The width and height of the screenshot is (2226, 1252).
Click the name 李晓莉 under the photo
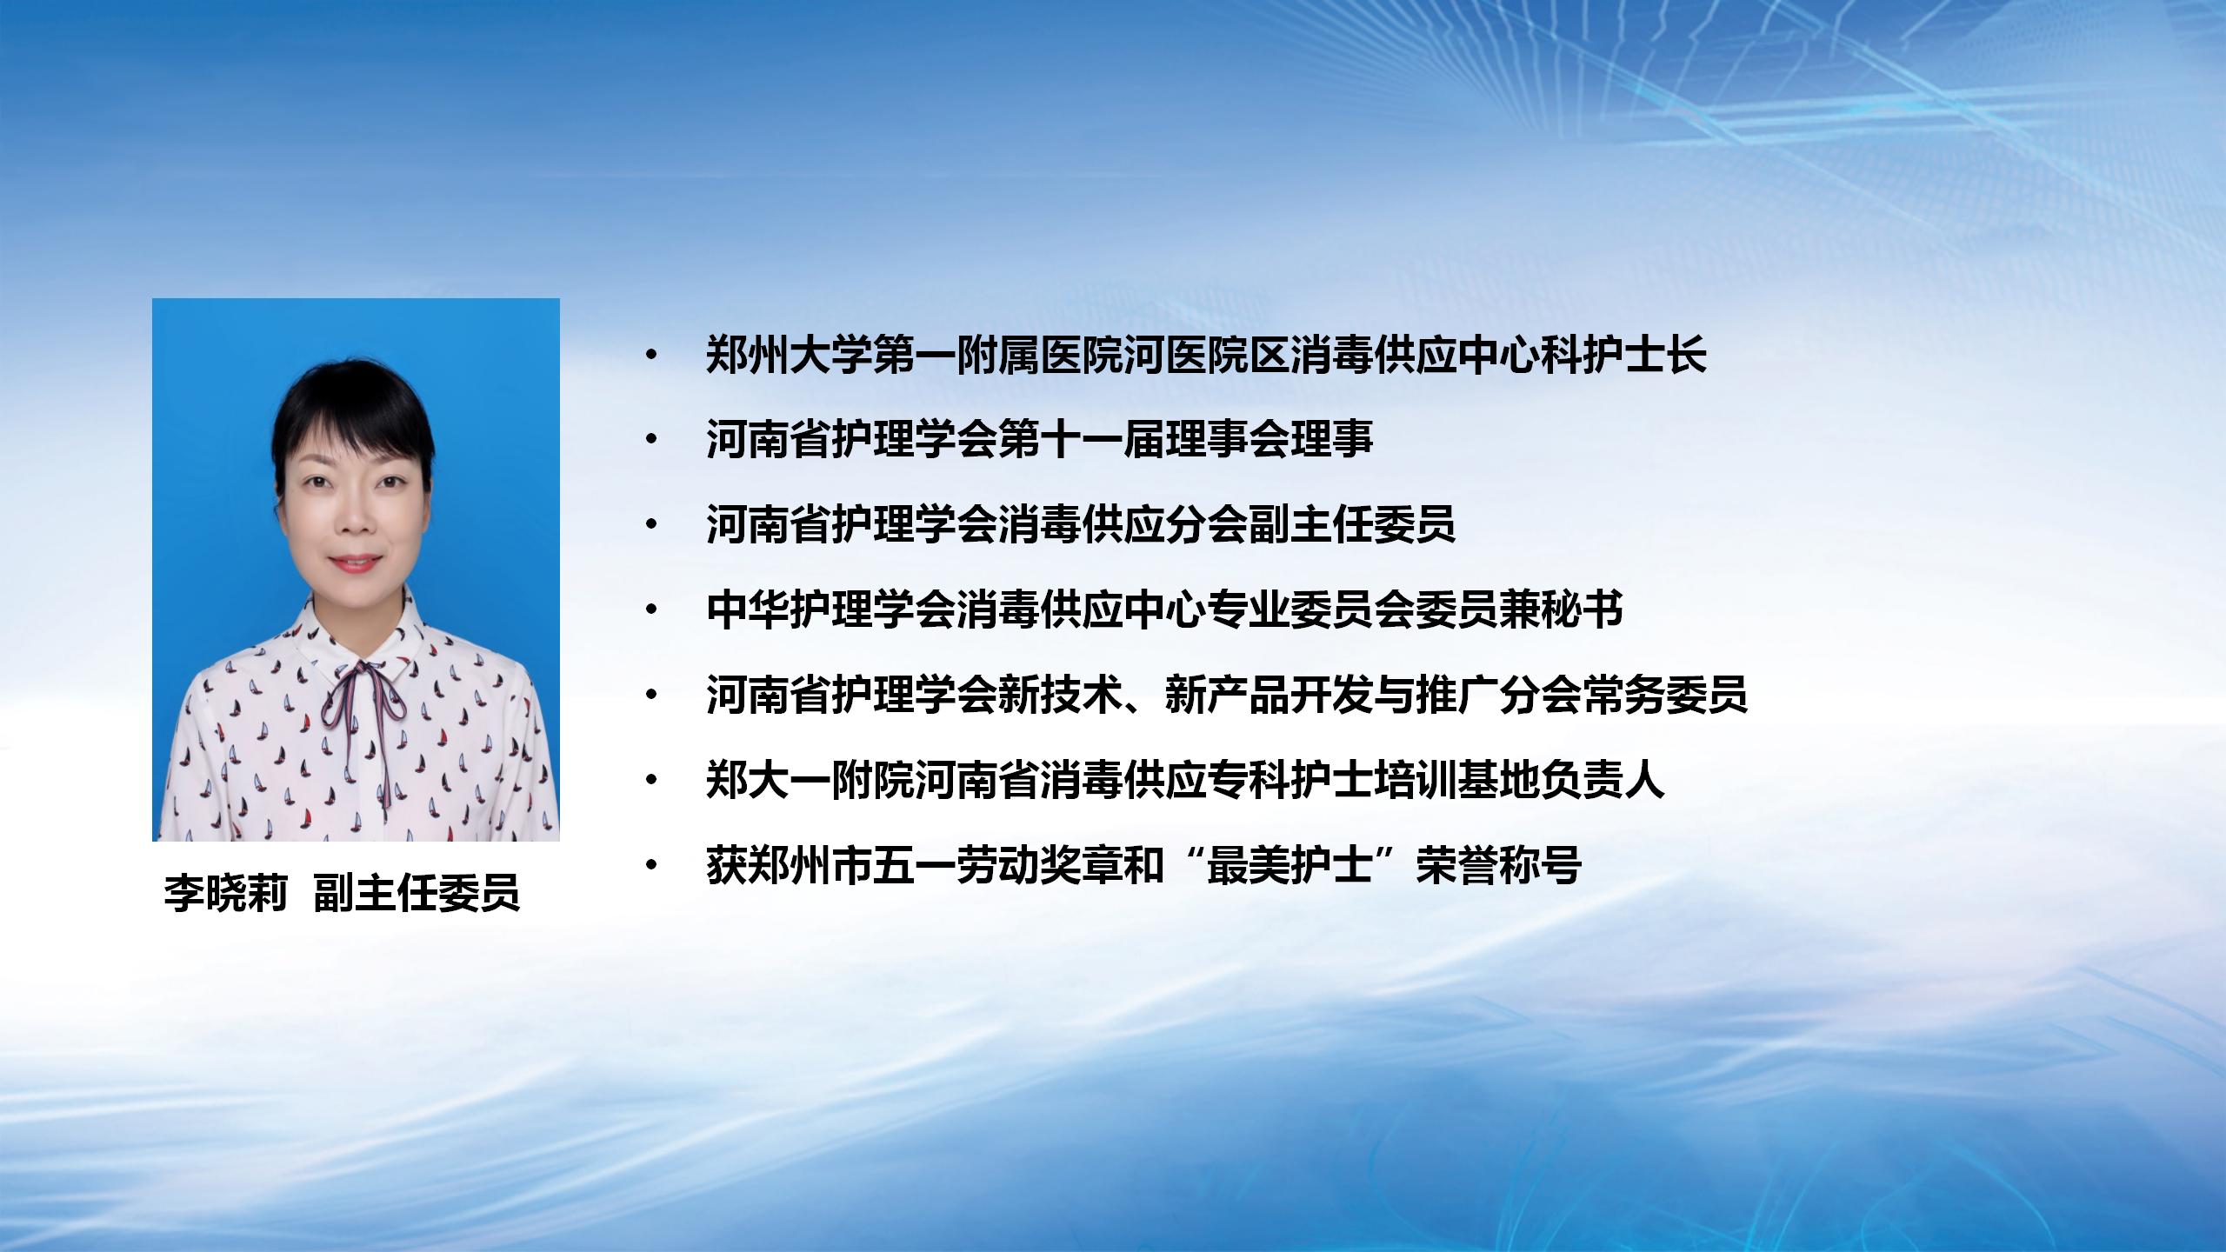(x=226, y=893)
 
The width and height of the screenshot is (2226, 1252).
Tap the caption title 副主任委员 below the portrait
(x=417, y=893)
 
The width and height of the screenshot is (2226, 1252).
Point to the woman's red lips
(x=355, y=563)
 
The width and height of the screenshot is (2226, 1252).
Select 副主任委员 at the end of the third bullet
(x=1352, y=524)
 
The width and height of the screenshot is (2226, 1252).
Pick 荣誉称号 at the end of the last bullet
(x=1498, y=865)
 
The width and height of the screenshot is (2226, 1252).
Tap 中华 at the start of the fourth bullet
(x=747, y=609)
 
